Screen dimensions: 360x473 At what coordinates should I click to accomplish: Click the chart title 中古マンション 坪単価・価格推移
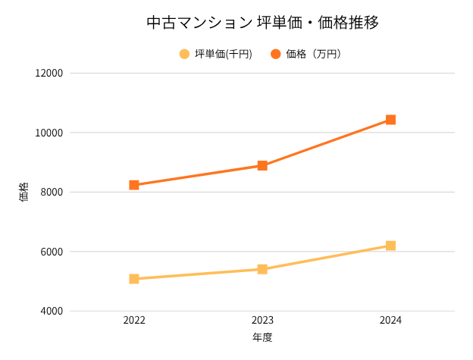[262, 23]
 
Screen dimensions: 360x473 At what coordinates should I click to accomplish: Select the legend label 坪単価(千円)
[223, 54]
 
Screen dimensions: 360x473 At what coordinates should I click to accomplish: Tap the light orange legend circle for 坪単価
[184, 54]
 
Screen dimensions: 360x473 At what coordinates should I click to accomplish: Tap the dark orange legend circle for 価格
[275, 54]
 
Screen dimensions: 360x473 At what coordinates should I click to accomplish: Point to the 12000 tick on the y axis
[49, 74]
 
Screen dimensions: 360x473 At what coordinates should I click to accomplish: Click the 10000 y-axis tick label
[49, 133]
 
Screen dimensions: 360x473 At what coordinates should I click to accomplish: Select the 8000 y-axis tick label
[52, 193]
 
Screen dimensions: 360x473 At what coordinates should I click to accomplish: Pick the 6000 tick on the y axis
[52, 252]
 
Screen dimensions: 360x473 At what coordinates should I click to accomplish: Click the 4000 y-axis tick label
[52, 311]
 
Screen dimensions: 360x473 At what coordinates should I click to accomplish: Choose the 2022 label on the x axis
[134, 321]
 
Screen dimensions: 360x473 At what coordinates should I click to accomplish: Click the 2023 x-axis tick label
[262, 321]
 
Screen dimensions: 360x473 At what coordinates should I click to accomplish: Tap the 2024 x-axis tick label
[390, 321]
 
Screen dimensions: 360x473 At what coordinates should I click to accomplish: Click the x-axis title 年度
[262, 337]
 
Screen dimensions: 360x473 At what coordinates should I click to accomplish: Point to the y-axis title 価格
[23, 192]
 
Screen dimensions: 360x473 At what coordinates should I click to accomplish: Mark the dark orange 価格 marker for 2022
[134, 185]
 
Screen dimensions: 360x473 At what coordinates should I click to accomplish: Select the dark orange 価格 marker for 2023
[262, 165]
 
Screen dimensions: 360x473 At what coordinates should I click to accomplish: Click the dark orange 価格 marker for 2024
[390, 120]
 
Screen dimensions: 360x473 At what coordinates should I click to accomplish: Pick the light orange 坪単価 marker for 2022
[134, 279]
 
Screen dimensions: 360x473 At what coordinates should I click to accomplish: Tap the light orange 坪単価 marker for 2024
[390, 246]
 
